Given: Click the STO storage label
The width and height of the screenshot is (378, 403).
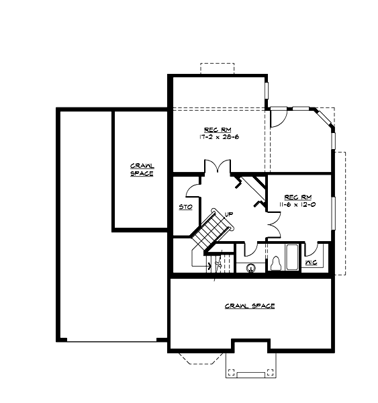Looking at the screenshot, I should pyautogui.click(x=185, y=207).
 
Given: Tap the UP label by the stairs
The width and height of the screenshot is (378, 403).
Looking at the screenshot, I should pyautogui.click(x=229, y=214).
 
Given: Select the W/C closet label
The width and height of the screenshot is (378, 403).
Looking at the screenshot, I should pyautogui.click(x=312, y=263).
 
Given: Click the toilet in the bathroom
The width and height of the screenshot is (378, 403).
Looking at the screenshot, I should pyautogui.click(x=276, y=263).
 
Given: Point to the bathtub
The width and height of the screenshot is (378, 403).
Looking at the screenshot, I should pyautogui.click(x=292, y=257).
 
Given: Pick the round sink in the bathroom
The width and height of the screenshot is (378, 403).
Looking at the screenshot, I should pyautogui.click(x=252, y=267).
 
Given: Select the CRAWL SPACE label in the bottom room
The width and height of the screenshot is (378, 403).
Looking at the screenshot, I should pyautogui.click(x=249, y=306).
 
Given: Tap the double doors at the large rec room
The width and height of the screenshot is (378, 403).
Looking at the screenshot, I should pyautogui.click(x=218, y=167).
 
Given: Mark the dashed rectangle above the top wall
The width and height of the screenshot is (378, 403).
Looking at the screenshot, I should pyautogui.click(x=217, y=69).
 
